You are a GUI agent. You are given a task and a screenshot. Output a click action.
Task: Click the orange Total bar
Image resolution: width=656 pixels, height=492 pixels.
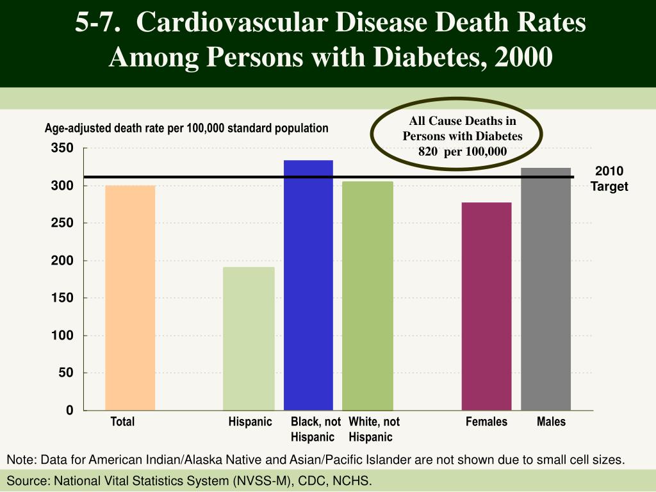[130, 298]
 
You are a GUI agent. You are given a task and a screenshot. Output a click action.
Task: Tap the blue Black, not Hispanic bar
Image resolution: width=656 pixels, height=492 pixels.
[308, 285]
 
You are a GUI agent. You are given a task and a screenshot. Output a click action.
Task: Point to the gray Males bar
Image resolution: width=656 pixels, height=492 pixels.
[546, 289]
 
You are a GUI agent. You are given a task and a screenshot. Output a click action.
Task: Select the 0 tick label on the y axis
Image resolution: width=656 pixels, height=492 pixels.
[69, 411]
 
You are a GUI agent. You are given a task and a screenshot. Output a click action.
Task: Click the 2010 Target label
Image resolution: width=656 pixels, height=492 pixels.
[609, 179]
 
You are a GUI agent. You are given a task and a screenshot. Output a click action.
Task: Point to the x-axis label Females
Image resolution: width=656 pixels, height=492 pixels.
[486, 422]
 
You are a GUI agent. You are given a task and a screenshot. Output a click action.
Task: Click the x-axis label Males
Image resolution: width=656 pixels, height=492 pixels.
[551, 422]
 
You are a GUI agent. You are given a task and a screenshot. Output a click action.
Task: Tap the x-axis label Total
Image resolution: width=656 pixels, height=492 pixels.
[122, 422]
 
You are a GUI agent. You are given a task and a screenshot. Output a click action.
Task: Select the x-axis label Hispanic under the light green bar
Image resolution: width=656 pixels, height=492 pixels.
[250, 422]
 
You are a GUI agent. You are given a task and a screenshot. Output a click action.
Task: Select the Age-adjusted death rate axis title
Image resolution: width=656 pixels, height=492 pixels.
[186, 128]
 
